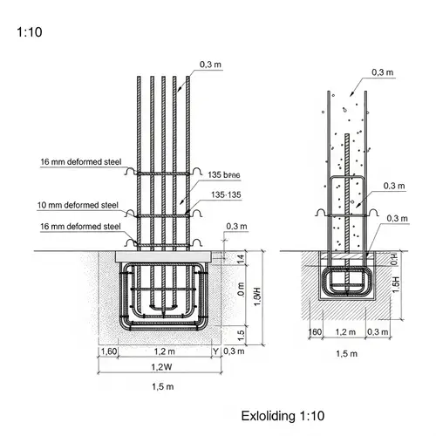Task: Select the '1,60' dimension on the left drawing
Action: coord(109,351)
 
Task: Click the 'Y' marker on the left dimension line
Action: coord(215,351)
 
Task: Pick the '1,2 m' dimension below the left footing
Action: coord(162,351)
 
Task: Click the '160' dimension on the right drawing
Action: coord(315,332)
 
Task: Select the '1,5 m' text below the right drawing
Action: coord(347,353)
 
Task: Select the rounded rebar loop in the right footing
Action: coord(347,282)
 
